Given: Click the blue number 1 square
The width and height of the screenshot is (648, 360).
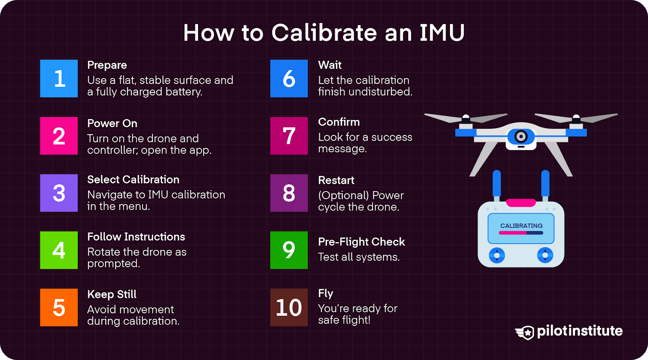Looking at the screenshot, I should [x=59, y=79].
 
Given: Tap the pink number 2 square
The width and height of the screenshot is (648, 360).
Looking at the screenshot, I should [x=59, y=136].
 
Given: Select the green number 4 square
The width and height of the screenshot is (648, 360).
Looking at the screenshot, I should [x=59, y=250].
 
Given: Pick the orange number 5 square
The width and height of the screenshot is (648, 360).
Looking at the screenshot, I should [x=59, y=307].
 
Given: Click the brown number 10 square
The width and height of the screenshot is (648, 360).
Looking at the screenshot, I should [x=289, y=307].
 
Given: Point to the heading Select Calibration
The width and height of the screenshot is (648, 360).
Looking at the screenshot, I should [x=133, y=179].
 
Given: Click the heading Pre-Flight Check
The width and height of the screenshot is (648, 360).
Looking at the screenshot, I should [x=361, y=242].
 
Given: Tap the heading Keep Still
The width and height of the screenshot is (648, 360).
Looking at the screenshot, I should [x=112, y=294].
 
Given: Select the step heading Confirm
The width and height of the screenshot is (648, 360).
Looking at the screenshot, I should [x=339, y=122].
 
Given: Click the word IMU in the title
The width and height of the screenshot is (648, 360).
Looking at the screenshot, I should [x=442, y=33].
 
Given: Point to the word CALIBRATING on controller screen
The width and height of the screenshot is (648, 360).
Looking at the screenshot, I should [x=521, y=226].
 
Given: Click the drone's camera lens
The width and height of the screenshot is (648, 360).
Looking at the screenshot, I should [x=521, y=136].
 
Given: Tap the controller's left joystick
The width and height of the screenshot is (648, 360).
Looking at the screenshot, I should [x=497, y=255].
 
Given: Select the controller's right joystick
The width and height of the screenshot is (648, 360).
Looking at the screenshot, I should [x=545, y=255].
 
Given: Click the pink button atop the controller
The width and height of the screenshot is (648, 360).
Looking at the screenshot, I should [x=521, y=203].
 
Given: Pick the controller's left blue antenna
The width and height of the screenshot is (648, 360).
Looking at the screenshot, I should [x=497, y=184].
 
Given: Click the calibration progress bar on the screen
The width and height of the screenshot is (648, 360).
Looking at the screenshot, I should [x=521, y=233].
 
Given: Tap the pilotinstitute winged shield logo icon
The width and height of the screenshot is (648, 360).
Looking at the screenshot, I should [x=525, y=332].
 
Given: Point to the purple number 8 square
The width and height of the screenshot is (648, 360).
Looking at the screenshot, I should [x=289, y=193].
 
